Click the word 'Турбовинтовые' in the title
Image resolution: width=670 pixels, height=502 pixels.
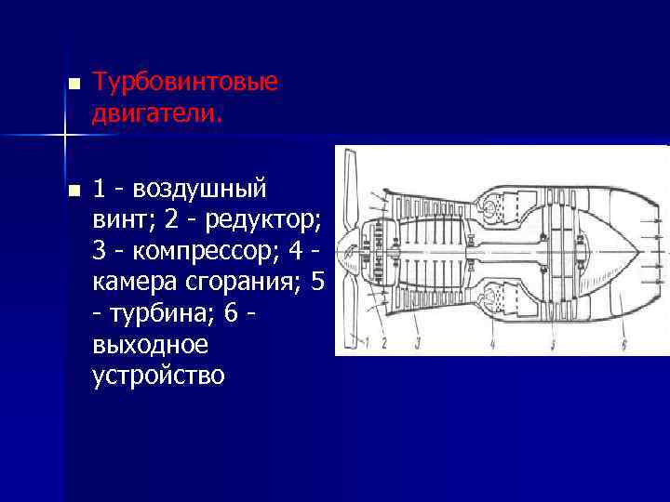(184, 83)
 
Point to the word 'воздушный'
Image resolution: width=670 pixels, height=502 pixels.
(200, 190)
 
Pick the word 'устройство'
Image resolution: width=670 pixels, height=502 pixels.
(158, 376)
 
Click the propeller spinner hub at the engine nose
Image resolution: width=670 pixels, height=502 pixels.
(346, 250)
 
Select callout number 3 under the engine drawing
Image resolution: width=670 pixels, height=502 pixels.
(418, 343)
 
